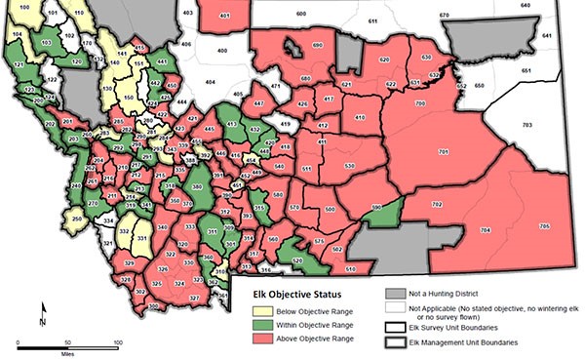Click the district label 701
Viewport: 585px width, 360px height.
coord(443,152)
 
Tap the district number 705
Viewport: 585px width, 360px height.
coord(543,226)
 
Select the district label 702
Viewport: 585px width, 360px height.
coord(436,204)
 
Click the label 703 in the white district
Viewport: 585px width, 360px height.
coord(527,126)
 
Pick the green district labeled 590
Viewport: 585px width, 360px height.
coord(376,207)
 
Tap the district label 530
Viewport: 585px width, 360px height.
coord(348,167)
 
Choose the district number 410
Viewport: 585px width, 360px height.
coord(360,118)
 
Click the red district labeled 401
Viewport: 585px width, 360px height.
coord(224,17)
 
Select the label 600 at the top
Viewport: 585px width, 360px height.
coord(300,14)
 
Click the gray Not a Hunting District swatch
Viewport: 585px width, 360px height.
coord(395,292)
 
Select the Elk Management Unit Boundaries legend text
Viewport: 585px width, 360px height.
coord(471,342)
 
